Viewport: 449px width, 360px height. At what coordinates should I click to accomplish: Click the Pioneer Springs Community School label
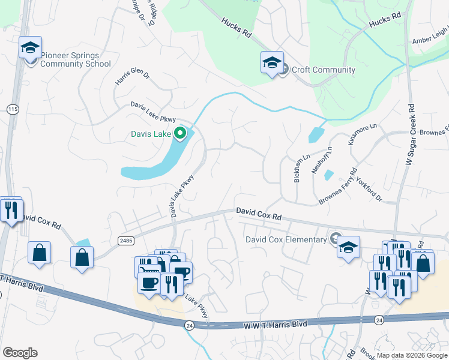coord(75,59)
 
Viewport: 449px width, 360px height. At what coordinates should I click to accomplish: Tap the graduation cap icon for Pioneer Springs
coord(30,47)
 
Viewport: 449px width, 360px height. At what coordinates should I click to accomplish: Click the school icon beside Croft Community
coord(271,62)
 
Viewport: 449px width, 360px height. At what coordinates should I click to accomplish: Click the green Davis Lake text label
coord(151,134)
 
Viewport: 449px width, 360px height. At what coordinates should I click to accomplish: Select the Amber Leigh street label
coord(430,38)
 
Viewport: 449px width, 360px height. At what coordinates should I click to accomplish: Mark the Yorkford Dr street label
coord(369,188)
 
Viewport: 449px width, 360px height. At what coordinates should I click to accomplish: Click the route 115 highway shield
coord(12,109)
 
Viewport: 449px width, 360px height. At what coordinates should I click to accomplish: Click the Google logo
coord(20,353)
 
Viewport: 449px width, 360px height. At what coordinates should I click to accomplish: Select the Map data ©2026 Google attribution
coord(411,355)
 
